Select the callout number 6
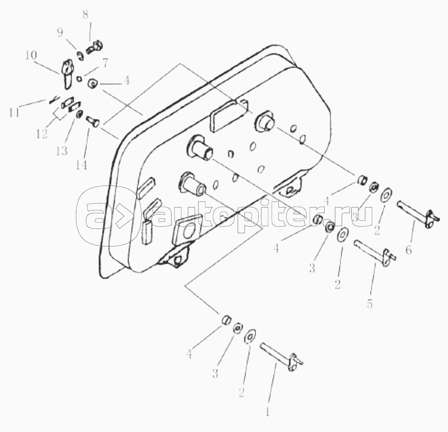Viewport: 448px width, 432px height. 409,250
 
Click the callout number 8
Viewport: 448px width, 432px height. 86,14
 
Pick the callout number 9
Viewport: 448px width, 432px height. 60,33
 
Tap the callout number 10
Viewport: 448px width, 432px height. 31,55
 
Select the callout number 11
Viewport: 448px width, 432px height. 15,112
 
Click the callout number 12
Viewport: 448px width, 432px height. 42,134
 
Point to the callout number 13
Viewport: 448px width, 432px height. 61,151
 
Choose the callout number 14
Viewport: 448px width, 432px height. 81,165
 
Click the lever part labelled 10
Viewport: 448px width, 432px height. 66,74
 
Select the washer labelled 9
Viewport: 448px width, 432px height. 80,56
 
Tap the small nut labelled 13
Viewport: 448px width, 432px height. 79,114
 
